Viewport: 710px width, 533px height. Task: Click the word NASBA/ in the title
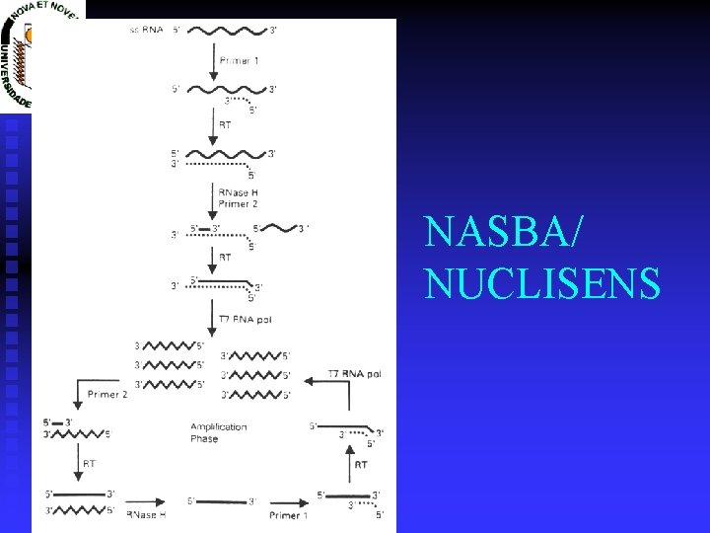click(x=504, y=233)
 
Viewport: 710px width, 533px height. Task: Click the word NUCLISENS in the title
click(x=542, y=284)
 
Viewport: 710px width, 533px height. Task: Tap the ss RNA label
click(x=147, y=31)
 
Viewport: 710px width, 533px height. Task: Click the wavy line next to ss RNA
click(x=229, y=31)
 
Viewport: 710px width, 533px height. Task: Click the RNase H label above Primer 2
click(x=238, y=191)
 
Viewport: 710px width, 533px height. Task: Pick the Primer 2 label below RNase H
click(x=238, y=204)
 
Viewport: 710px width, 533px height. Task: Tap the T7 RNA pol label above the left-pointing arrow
click(x=355, y=374)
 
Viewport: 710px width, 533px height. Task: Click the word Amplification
click(x=219, y=426)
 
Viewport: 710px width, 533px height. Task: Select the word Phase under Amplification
click(x=204, y=439)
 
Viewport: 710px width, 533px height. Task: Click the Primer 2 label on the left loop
click(x=108, y=394)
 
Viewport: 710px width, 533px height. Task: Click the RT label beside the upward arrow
click(x=361, y=464)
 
